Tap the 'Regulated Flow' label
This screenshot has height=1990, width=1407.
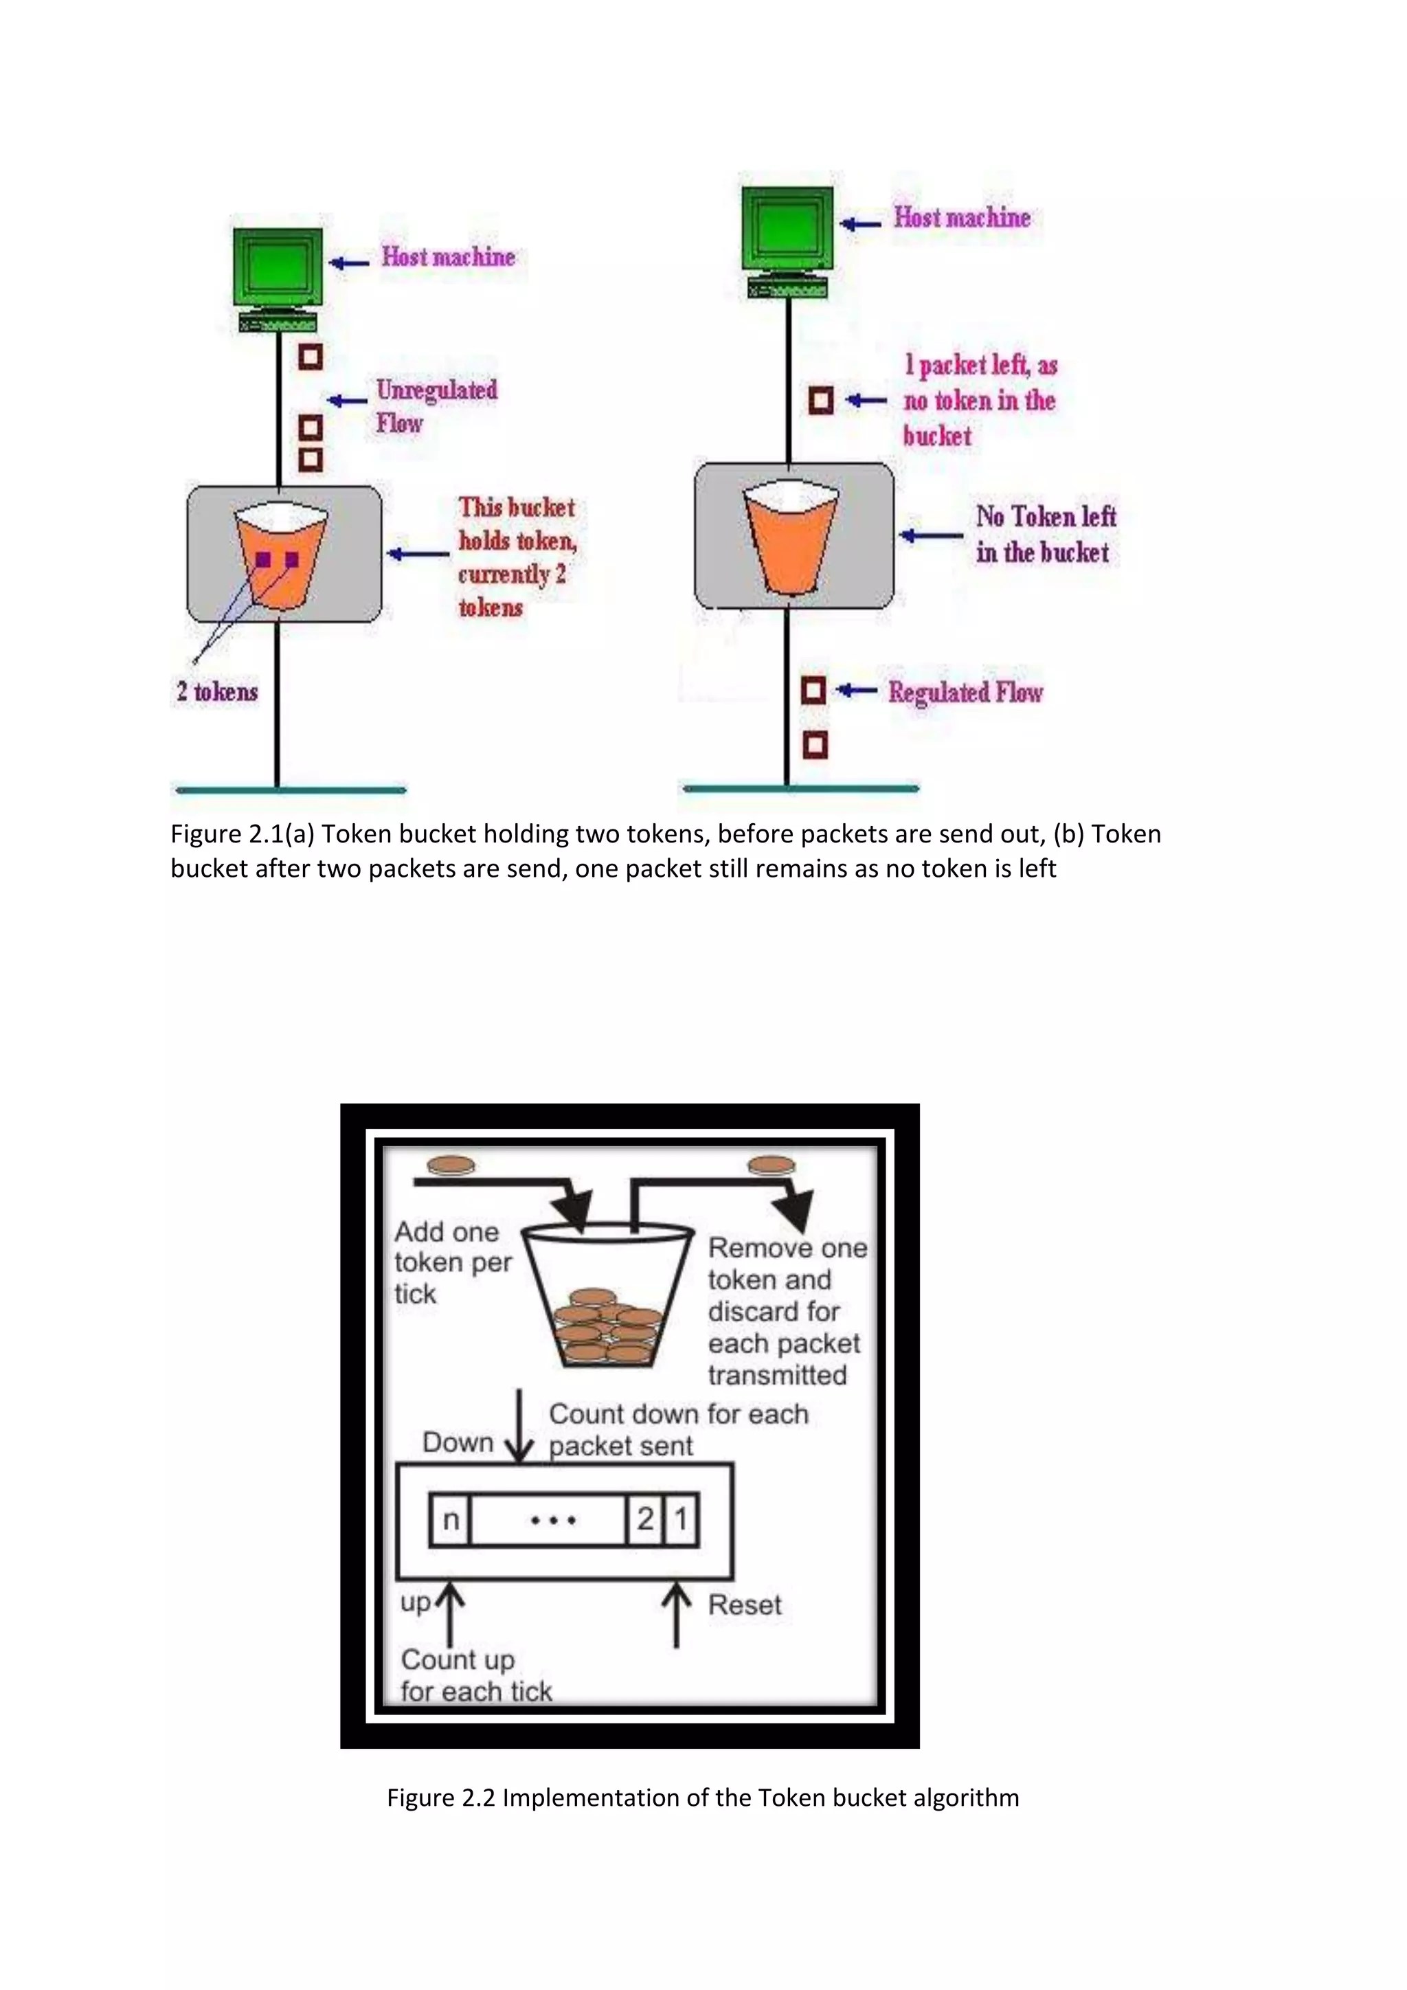(965, 692)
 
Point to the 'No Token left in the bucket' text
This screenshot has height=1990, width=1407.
(1045, 534)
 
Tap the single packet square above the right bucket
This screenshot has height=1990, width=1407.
(820, 401)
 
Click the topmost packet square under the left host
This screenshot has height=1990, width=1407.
(310, 356)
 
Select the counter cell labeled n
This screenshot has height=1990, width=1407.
(451, 1519)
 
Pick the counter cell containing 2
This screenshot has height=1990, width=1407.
(644, 1519)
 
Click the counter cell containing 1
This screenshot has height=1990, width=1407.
(681, 1519)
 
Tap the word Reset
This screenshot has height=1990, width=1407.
(743, 1605)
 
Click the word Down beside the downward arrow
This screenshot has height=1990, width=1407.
(458, 1442)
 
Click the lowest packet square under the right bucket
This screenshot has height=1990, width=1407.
(814, 744)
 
